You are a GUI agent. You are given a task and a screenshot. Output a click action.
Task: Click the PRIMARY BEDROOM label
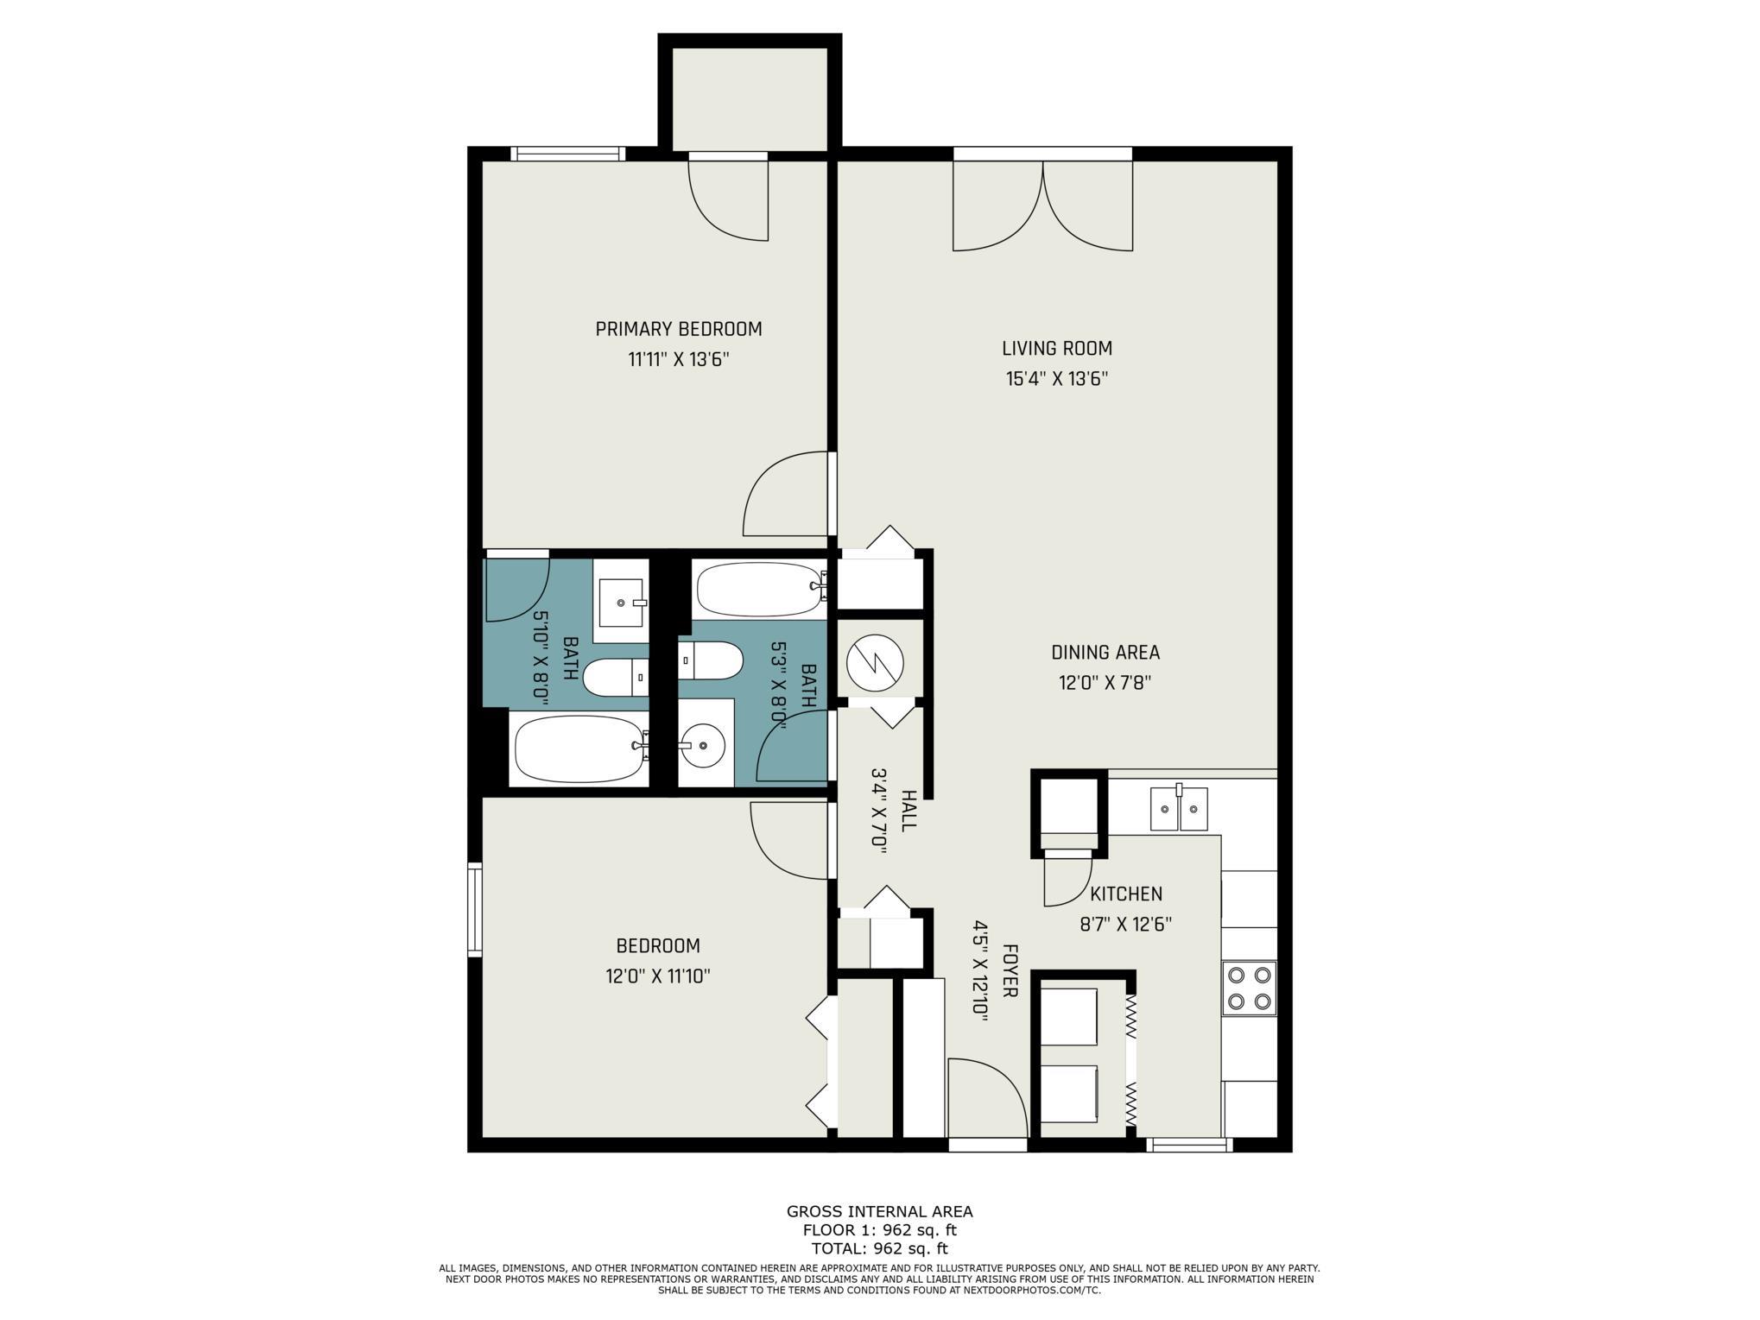[679, 329]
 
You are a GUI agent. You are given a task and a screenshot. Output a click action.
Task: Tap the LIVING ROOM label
[1057, 349]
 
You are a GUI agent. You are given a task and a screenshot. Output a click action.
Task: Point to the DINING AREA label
[1105, 653]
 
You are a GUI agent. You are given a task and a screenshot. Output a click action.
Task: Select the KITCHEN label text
[1126, 894]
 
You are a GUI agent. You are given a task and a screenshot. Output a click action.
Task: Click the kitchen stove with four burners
[1250, 988]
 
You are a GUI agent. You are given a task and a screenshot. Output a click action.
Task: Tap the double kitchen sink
[1179, 808]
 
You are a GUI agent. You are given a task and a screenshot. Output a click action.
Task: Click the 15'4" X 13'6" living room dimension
[1057, 379]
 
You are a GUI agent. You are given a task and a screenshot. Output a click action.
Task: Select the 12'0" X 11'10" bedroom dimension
[658, 976]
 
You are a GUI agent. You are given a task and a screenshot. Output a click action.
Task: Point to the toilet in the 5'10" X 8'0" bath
[616, 677]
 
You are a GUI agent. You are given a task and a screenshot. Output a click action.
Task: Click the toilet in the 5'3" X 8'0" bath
[711, 660]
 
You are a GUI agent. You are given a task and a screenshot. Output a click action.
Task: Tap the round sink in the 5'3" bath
[701, 743]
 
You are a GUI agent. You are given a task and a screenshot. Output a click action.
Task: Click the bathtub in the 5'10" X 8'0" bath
[579, 748]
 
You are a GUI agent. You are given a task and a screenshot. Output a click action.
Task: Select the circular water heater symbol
[875, 664]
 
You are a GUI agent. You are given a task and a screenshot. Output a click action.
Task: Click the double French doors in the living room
[1042, 204]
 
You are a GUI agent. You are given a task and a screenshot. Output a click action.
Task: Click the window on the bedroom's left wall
[474, 909]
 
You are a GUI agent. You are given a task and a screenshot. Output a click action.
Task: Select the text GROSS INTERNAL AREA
[879, 1211]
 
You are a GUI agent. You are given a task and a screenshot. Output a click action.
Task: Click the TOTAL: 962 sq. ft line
[879, 1248]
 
